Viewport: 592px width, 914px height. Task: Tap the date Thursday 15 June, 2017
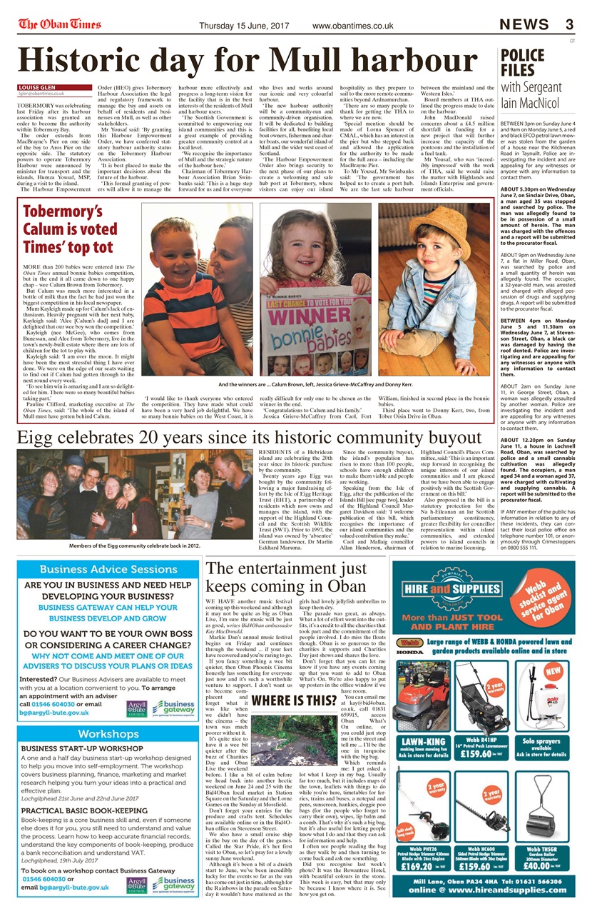point(246,26)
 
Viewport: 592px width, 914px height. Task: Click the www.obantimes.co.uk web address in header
point(353,26)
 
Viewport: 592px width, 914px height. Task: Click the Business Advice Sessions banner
point(108,569)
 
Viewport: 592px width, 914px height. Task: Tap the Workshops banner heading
point(108,734)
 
